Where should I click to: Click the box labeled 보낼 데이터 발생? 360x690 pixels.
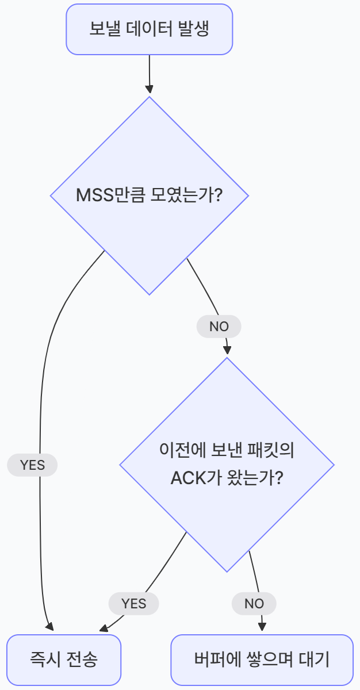[149, 29]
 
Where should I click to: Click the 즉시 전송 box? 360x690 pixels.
[64, 659]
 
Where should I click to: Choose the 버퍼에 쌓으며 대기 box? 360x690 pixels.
[262, 659]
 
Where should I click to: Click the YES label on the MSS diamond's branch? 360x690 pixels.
[32, 465]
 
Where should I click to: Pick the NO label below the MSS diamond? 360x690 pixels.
[219, 327]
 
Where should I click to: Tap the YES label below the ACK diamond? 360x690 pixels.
[133, 603]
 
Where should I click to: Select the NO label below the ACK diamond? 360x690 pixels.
[254, 603]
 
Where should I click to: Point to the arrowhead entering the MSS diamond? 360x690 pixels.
[150, 90]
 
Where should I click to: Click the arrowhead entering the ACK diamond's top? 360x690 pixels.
[227, 350]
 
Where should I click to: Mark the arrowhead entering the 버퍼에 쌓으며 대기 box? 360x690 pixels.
[262, 627]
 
